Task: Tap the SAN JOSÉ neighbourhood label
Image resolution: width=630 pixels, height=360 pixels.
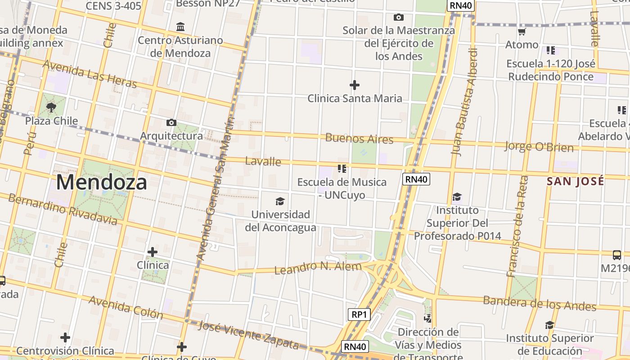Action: [575, 181]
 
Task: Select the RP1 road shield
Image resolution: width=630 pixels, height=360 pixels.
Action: [359, 315]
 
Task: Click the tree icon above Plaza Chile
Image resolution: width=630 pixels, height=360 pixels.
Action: [51, 108]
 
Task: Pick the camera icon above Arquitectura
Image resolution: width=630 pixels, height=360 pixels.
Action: [171, 122]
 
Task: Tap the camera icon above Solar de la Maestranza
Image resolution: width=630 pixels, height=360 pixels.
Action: [398, 18]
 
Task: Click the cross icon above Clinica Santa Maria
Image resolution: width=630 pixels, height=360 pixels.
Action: [355, 85]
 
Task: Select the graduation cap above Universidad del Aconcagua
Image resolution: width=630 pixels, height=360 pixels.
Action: [280, 201]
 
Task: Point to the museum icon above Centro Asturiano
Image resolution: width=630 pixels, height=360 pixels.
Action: [180, 27]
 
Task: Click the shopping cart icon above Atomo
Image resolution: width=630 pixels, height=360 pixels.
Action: [522, 31]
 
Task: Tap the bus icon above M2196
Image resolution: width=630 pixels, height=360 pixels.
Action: [617, 255]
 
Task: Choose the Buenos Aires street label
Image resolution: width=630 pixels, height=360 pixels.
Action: [359, 138]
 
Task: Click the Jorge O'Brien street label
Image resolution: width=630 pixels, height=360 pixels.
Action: [539, 147]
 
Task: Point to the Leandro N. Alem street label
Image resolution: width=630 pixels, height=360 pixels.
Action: [318, 268]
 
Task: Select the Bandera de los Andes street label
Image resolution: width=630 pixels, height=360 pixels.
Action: [540, 303]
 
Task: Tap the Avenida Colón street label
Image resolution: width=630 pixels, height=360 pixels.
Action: [126, 307]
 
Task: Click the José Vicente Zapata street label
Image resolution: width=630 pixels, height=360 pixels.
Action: [248, 335]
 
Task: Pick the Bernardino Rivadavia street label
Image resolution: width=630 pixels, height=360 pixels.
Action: [63, 210]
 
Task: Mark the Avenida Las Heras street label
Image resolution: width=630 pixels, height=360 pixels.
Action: [90, 74]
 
